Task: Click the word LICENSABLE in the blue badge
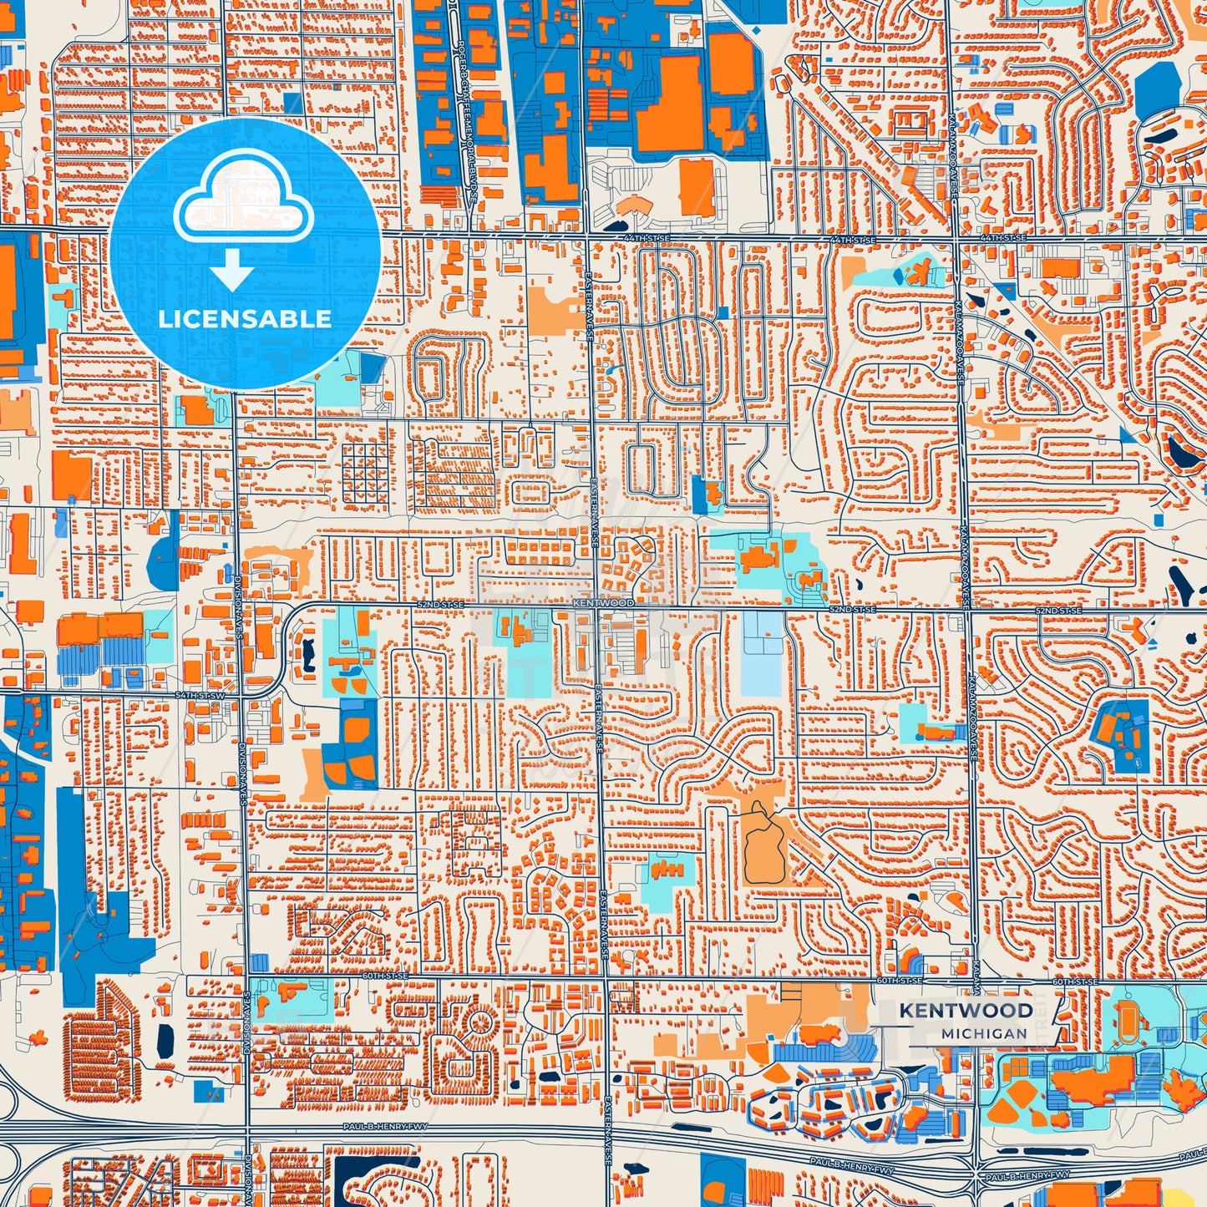coord(245,319)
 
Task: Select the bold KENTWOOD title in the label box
coord(966,1011)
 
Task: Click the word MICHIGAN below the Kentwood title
coord(984,1033)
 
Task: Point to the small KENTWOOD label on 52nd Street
coord(604,602)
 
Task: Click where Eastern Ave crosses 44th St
coord(588,236)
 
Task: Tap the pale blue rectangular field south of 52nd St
coord(761,653)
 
